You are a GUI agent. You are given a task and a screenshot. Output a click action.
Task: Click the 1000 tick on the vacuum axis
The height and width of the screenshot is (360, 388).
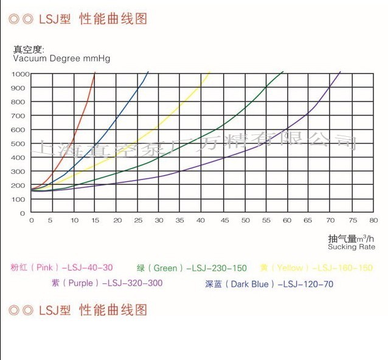click(x=20, y=74)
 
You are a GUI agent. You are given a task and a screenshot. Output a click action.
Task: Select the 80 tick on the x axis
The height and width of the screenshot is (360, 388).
click(x=373, y=221)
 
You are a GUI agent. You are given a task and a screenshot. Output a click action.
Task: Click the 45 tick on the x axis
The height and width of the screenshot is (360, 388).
click(x=224, y=221)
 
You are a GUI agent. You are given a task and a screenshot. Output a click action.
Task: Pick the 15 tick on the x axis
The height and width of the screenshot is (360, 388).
click(x=95, y=221)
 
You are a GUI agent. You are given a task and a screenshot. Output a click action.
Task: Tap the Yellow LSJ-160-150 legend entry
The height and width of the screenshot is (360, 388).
click(x=316, y=268)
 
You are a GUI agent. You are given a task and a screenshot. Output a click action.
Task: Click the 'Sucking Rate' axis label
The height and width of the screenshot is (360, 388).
click(x=352, y=247)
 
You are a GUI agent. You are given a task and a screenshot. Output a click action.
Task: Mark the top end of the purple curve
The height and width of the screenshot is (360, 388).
click(x=341, y=72)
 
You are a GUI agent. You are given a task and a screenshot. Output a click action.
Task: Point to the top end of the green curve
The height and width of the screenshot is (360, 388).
click(x=283, y=72)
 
